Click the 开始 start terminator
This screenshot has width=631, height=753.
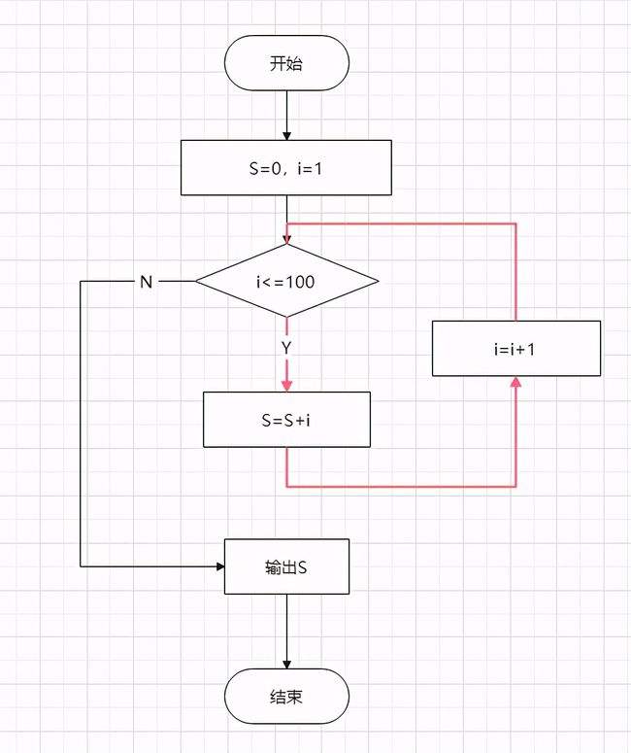286,63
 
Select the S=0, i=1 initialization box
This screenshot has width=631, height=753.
286,167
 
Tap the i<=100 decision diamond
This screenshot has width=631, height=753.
287,281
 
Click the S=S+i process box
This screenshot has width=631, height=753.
286,420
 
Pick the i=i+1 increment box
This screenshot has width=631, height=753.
515,348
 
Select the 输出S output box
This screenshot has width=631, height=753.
286,566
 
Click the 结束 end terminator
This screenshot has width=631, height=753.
286,697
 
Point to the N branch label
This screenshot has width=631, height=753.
147,282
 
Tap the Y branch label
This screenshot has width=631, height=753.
286,348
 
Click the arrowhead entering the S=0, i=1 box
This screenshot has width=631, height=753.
287,135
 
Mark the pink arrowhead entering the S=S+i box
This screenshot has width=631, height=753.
287,386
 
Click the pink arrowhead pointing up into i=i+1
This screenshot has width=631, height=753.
515,382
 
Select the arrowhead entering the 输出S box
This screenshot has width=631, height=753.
220,566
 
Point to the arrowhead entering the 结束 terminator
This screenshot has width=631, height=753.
287,664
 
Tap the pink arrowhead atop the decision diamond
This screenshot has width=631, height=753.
287,239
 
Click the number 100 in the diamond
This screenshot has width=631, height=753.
301,282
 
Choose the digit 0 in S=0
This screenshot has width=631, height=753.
276,168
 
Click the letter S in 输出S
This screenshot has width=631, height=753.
302,567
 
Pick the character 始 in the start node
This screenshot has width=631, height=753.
294,63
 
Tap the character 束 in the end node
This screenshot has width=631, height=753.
294,697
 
